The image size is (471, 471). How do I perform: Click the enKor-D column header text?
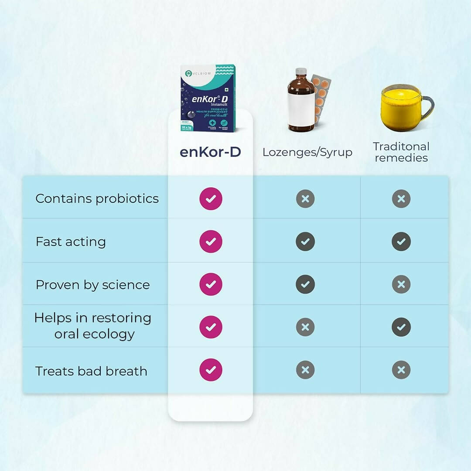pyautogui.click(x=210, y=152)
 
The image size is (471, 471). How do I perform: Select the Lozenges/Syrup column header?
pyautogui.click(x=307, y=152)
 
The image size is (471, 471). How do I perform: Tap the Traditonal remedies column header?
pyautogui.click(x=401, y=152)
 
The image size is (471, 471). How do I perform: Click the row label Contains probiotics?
pyautogui.click(x=97, y=198)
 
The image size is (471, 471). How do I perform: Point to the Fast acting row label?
pyautogui.click(x=71, y=242)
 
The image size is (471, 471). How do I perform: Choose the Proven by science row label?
pyautogui.click(x=92, y=285)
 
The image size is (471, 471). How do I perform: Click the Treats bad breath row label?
pyautogui.click(x=91, y=371)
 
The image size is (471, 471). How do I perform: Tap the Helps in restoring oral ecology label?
pyautogui.click(x=93, y=326)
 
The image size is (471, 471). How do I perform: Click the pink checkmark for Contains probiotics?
pyautogui.click(x=211, y=199)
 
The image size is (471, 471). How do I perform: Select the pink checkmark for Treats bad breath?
pyautogui.click(x=211, y=370)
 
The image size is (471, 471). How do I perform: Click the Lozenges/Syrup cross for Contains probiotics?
pyautogui.click(x=305, y=199)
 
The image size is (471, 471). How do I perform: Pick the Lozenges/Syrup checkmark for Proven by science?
pyautogui.click(x=305, y=284)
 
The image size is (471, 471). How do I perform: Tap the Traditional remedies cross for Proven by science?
pyautogui.click(x=401, y=284)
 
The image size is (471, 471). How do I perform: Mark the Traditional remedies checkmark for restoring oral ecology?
pyautogui.click(x=401, y=327)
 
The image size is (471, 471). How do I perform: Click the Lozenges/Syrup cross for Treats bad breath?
pyautogui.click(x=305, y=370)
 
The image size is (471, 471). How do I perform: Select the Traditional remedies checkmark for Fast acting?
pyautogui.click(x=401, y=242)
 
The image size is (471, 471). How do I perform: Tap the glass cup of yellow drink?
pyautogui.click(x=403, y=108)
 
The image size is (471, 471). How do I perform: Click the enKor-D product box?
pyautogui.click(x=208, y=98)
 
